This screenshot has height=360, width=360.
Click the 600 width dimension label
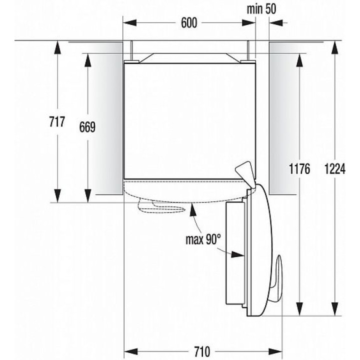[189, 22]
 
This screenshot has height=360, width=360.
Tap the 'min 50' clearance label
[261, 9]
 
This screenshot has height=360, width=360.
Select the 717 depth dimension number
[57, 121]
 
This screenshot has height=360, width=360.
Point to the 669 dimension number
[87, 127]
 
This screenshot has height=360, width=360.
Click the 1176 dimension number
[299, 169]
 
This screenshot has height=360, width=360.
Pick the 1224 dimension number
[334, 169]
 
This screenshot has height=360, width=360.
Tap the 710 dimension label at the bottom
[202, 351]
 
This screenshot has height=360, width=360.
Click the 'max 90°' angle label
[203, 239]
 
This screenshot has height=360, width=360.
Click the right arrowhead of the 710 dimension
[275, 351]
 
